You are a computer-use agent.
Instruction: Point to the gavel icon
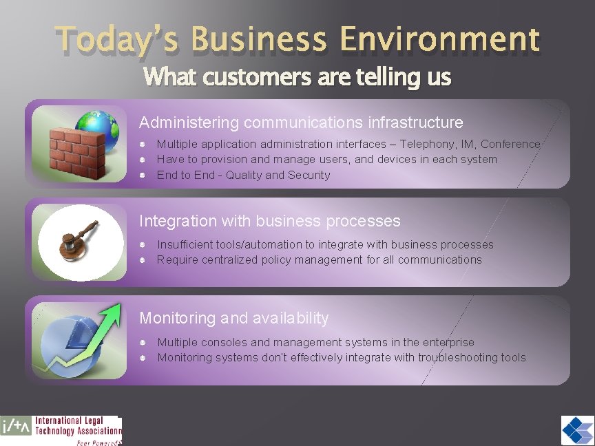click(79, 237)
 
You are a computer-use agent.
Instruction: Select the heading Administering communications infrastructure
click(301, 123)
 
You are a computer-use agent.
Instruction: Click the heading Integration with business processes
click(269, 221)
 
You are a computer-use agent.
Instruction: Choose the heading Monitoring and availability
click(234, 318)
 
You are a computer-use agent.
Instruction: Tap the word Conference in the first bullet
click(510, 144)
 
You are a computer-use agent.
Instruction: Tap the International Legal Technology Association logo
click(61, 430)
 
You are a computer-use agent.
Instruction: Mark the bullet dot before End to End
click(141, 175)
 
